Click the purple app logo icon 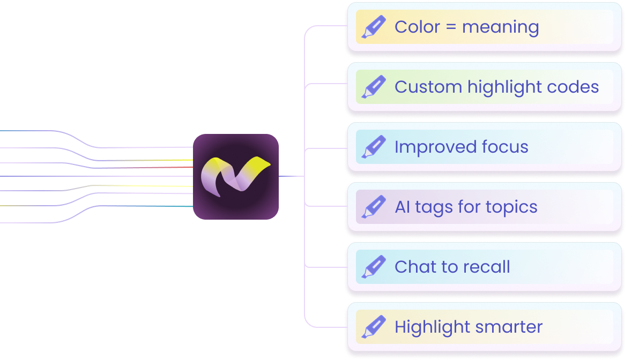pos(236,177)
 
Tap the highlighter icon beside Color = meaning pos(374,27)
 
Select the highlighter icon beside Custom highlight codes pos(374,87)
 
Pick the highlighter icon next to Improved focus pos(374,147)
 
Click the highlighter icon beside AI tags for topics pos(374,207)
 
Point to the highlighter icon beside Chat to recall pos(374,267)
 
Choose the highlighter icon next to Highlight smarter pos(374,327)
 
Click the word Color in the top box pos(417,27)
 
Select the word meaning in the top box pos(501,27)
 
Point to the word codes pos(575,87)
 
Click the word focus pos(504,147)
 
